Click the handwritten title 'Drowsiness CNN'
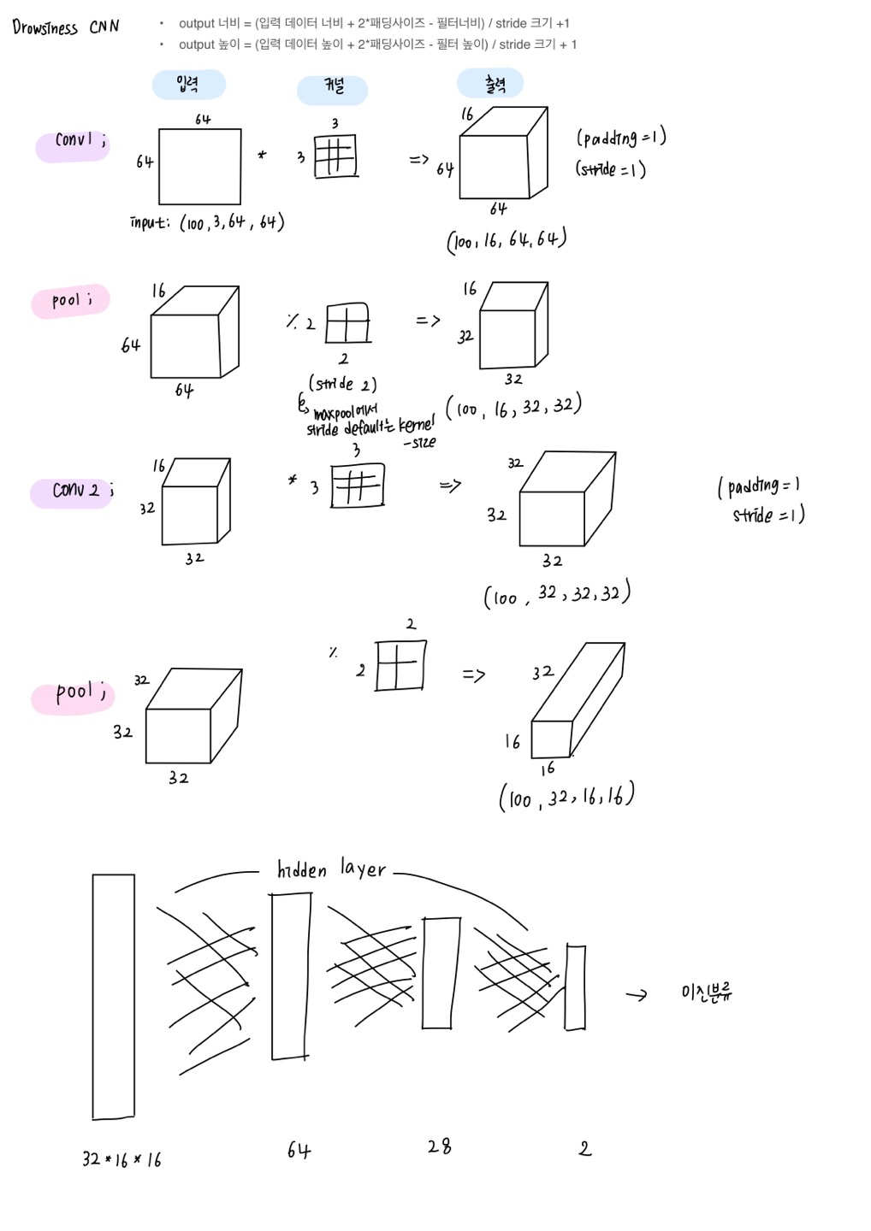tap(66, 27)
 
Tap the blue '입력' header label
tap(188, 84)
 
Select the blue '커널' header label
tap(333, 88)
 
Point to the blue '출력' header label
tap(491, 84)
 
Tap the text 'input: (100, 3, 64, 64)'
tap(207, 223)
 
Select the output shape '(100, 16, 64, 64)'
tap(507, 241)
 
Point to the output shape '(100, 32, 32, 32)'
tap(557, 594)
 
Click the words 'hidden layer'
tap(331, 870)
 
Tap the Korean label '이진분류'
tap(707, 992)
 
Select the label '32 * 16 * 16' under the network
tap(121, 1160)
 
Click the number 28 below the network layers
tap(439, 1147)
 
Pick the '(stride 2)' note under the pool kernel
tap(342, 384)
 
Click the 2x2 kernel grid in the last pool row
tap(400, 665)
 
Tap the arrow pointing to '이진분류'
tap(637, 995)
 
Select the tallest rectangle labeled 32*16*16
tap(114, 996)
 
